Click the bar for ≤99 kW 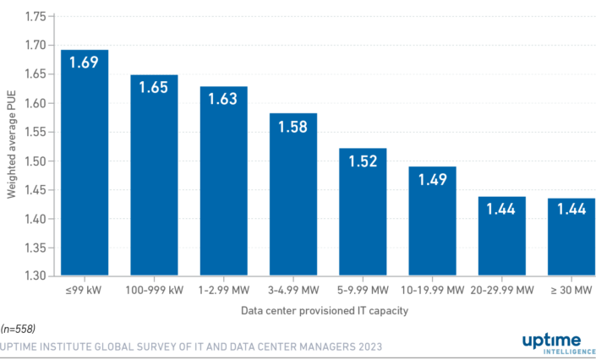point(85,169)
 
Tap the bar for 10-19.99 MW point(433,224)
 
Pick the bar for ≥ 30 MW point(571,241)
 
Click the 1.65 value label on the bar point(154,88)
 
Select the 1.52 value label point(363,161)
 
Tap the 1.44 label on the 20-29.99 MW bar point(502,209)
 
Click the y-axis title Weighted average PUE point(12,146)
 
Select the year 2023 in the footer point(369,346)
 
